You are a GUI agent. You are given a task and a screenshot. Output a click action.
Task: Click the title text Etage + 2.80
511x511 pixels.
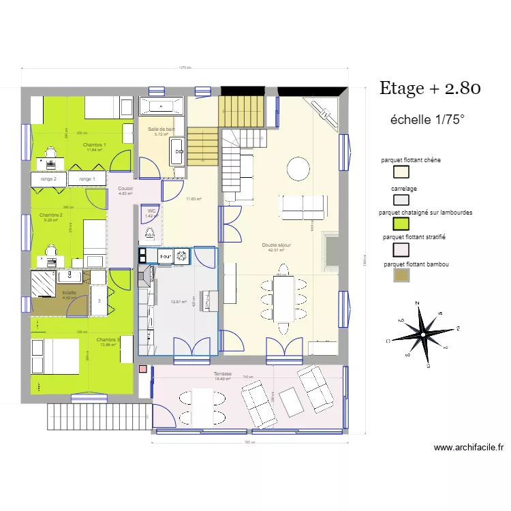[x=430, y=88]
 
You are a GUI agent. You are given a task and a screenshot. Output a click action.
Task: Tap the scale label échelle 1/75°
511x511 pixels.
[x=427, y=119]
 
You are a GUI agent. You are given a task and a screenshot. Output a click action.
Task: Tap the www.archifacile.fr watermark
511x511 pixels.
[x=469, y=448]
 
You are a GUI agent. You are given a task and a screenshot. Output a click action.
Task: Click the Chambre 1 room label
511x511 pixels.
[x=94, y=145]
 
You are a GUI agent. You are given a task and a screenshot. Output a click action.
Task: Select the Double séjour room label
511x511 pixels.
[x=277, y=245]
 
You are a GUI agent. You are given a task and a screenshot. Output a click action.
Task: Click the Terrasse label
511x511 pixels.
[x=223, y=374]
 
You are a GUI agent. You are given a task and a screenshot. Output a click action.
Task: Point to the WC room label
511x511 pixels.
[x=151, y=211]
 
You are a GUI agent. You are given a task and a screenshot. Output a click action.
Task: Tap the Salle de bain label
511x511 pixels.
[x=161, y=129]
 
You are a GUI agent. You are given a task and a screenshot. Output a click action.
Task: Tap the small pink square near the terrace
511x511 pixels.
[x=142, y=369]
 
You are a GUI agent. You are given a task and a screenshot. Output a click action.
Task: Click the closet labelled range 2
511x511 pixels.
[x=48, y=179]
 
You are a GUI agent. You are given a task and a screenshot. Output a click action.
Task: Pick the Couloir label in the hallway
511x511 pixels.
[x=125, y=189]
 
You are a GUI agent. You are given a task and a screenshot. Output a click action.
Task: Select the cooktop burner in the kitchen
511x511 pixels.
[x=182, y=256]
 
